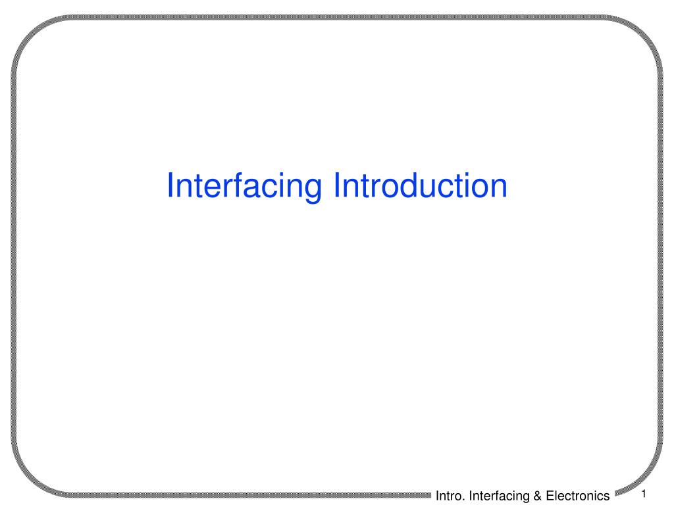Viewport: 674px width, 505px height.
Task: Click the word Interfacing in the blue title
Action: tap(246, 186)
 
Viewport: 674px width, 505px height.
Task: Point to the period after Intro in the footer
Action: tap(465, 498)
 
